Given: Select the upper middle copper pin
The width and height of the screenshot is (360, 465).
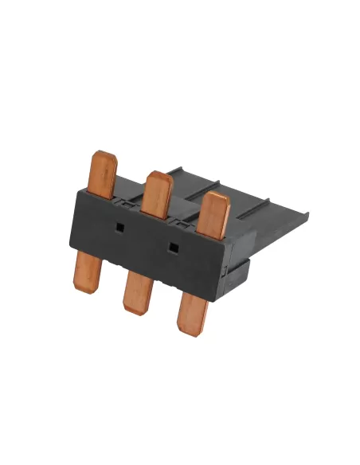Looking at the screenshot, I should coord(158,193).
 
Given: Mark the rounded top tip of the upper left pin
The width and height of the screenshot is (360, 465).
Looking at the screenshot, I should coord(104,154).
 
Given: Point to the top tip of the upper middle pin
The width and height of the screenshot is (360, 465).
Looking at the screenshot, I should coord(157,175).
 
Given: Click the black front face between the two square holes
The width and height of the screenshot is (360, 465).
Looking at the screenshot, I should coord(145,239).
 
